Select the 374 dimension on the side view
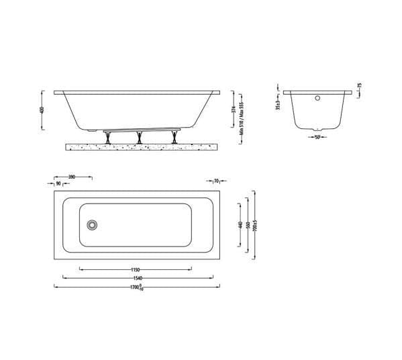point(233,109)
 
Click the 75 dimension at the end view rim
point(360,87)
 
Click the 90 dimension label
point(58,183)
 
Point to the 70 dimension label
point(216,181)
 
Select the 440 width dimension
point(240,224)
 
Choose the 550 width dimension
point(247,224)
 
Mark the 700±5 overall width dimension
point(254,224)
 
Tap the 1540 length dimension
point(138,277)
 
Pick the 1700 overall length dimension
point(136,287)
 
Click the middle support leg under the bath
point(139,136)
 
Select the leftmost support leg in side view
point(107,136)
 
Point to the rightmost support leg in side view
point(175,136)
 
